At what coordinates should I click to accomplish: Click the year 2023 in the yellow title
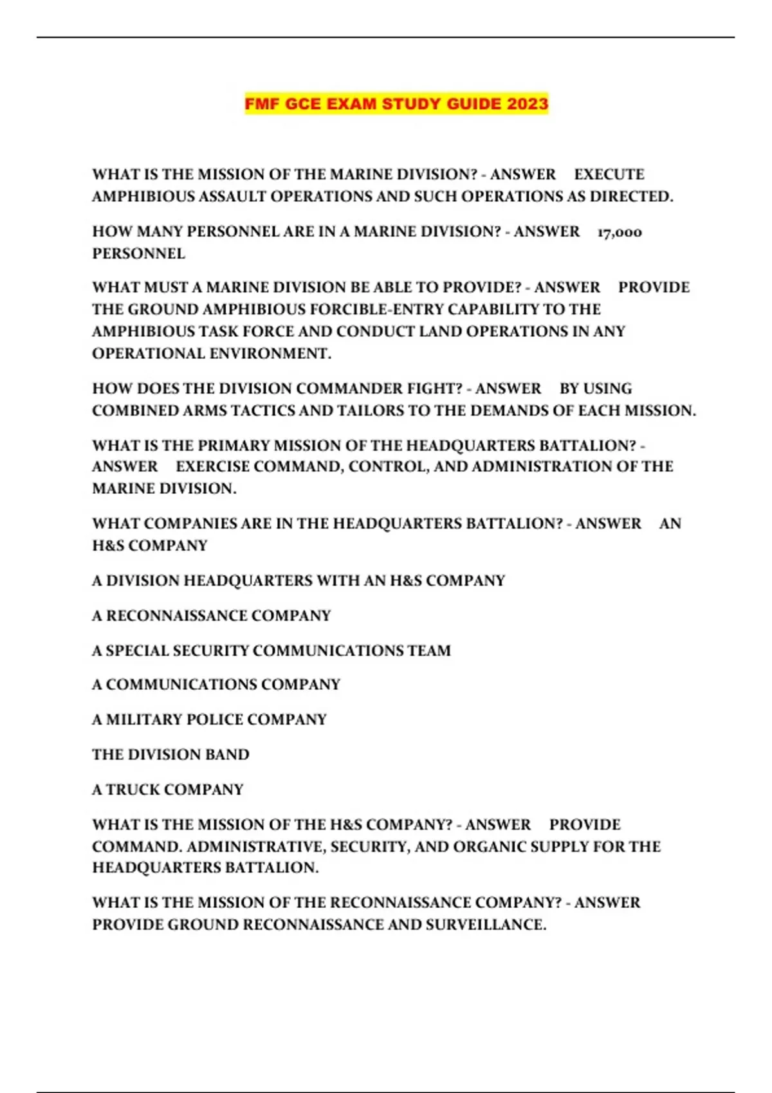527,104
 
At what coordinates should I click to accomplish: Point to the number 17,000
620,231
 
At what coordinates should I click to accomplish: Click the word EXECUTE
609,174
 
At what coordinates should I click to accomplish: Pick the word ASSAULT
232,196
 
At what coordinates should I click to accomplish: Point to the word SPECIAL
136,650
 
